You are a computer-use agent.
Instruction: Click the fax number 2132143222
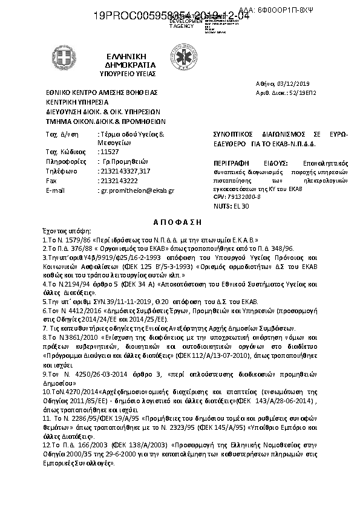coord(117,181)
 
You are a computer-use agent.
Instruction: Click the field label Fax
coord(51,181)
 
